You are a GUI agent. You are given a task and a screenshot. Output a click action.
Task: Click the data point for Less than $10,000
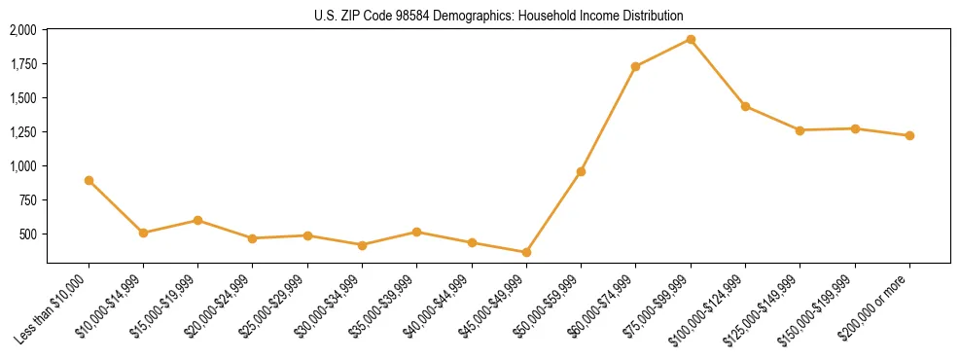89,180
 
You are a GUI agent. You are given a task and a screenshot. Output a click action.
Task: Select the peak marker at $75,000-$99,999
691,39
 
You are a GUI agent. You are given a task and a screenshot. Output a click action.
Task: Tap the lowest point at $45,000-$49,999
526,252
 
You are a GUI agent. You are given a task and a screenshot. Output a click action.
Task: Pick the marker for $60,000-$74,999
635,66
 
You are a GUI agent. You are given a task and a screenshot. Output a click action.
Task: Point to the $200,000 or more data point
909,135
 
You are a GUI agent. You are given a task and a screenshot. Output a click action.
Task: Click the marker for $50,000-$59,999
581,171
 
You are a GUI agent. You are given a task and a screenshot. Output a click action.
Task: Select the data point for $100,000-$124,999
745,106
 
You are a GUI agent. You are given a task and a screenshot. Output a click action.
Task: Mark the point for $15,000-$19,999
197,220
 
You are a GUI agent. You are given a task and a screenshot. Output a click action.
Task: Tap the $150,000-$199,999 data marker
855,128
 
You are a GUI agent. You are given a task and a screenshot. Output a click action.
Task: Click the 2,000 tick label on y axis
23,30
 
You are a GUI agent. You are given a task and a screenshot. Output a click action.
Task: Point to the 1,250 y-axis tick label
23,132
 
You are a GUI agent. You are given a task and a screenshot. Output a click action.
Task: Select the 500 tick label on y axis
29,234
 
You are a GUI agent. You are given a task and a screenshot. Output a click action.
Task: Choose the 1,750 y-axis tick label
23,64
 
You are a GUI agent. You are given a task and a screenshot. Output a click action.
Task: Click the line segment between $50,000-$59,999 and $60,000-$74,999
608,119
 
